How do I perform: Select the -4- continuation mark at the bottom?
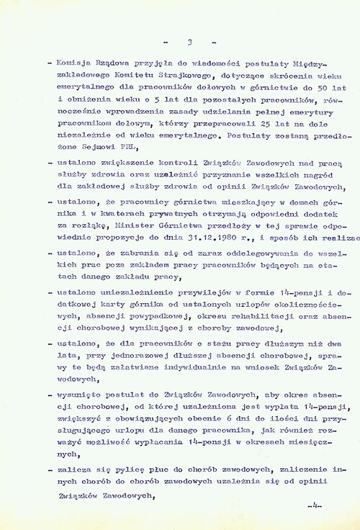click(x=313, y=508)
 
